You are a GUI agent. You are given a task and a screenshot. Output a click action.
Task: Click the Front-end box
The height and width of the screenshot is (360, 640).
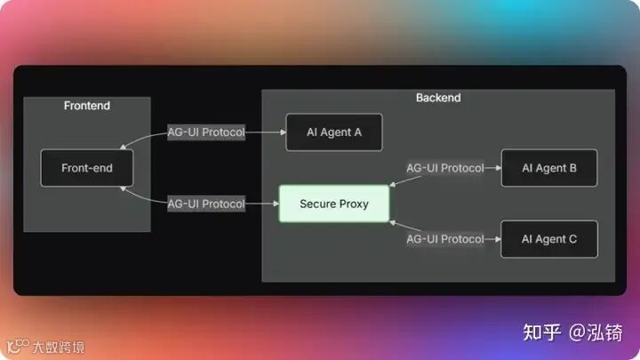click(x=87, y=168)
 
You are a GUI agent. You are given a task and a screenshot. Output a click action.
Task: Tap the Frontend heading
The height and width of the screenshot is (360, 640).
click(x=87, y=106)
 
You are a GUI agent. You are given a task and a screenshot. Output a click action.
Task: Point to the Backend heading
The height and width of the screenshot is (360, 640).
click(x=438, y=97)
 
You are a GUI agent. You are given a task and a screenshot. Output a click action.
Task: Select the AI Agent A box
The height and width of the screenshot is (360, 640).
click(x=333, y=132)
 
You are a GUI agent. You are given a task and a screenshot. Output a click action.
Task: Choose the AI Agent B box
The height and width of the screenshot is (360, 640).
click(x=548, y=168)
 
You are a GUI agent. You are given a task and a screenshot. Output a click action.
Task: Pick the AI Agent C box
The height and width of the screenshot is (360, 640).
click(x=548, y=239)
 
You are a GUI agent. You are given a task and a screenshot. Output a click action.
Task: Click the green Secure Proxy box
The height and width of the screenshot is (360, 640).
click(x=334, y=204)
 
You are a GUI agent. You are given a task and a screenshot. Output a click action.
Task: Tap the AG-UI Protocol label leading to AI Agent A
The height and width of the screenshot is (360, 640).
click(x=206, y=132)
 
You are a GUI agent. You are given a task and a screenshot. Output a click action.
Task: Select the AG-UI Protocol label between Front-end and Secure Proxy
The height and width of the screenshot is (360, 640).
click(x=206, y=204)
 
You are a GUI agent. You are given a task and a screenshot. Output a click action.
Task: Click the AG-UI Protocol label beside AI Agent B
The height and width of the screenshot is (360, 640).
click(x=445, y=168)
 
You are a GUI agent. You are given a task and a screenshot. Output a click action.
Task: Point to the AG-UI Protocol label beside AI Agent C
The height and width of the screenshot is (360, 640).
click(x=445, y=239)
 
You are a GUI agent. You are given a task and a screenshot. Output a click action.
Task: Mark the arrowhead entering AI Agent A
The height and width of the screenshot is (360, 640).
click(x=281, y=132)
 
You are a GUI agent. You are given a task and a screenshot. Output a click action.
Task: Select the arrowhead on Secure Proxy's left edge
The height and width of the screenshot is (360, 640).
click(x=275, y=204)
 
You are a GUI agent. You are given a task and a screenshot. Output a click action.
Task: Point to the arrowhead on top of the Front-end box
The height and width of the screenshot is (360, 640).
click(x=124, y=148)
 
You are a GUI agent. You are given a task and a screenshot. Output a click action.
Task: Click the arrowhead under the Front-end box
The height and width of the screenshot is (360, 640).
click(x=124, y=188)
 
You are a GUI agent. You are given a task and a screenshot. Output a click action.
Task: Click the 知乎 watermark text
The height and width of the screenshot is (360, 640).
click(x=542, y=332)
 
